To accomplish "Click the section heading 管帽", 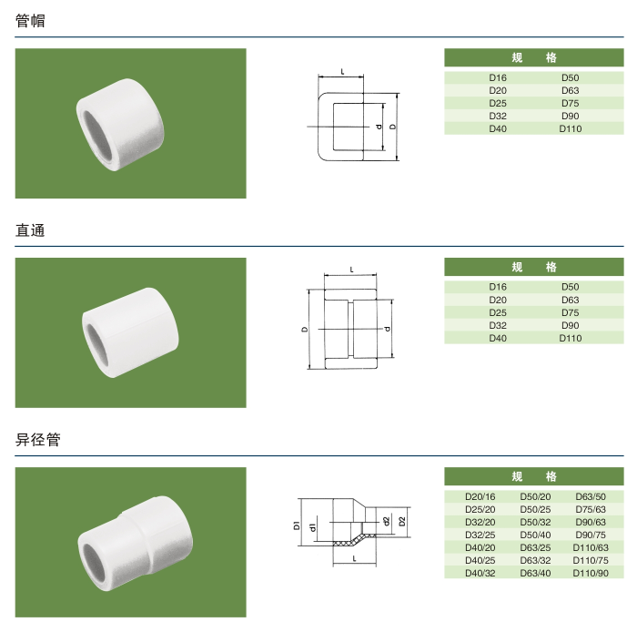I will pyautogui.click(x=30, y=21).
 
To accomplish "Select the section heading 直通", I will pyautogui.click(x=30, y=230).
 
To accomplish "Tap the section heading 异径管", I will pyautogui.click(x=38, y=440).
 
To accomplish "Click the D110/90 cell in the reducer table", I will pyautogui.click(x=591, y=573).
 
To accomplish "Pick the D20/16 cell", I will pyautogui.click(x=480, y=496).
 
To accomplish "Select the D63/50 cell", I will pyautogui.click(x=591, y=496).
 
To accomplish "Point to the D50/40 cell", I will pyautogui.click(x=535, y=535).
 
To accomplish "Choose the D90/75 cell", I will pyautogui.click(x=591, y=535).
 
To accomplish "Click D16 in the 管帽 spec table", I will pyautogui.click(x=498, y=78).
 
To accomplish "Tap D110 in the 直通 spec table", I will pyautogui.click(x=571, y=339).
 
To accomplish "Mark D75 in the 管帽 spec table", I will pyautogui.click(x=571, y=104).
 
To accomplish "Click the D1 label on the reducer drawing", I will pyautogui.click(x=297, y=525).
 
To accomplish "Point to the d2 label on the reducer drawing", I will pyautogui.click(x=387, y=521).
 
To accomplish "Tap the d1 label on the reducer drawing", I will pyautogui.click(x=311, y=526).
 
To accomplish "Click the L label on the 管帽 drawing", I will pyautogui.click(x=341, y=70).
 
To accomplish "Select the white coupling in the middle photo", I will pyautogui.click(x=127, y=333).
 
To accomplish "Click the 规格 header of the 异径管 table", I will pyautogui.click(x=534, y=476).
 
